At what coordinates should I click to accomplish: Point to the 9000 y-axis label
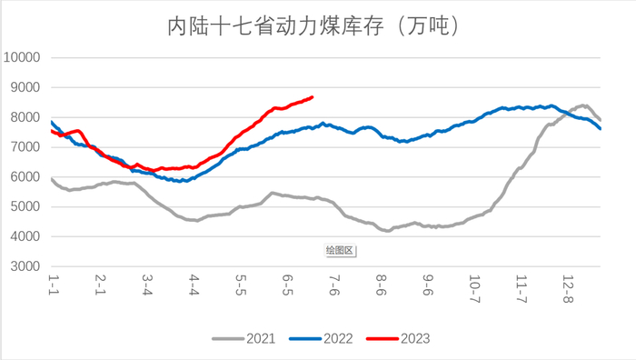pyautogui.click(x=25, y=87)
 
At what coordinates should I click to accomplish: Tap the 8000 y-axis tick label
pyautogui.click(x=25, y=117)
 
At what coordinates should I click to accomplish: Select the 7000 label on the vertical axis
pyautogui.click(x=25, y=147)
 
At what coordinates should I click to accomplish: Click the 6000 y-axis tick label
pyautogui.click(x=25, y=177)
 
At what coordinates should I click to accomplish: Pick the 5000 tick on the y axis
pyautogui.click(x=25, y=207)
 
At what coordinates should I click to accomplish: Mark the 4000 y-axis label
pyautogui.click(x=25, y=237)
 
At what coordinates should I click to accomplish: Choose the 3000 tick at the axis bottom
pyautogui.click(x=25, y=267)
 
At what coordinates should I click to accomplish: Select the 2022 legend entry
pyautogui.click(x=336, y=338)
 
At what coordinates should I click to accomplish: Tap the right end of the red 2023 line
pyautogui.click(x=313, y=96)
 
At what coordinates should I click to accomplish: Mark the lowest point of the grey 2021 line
pyautogui.click(x=388, y=231)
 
